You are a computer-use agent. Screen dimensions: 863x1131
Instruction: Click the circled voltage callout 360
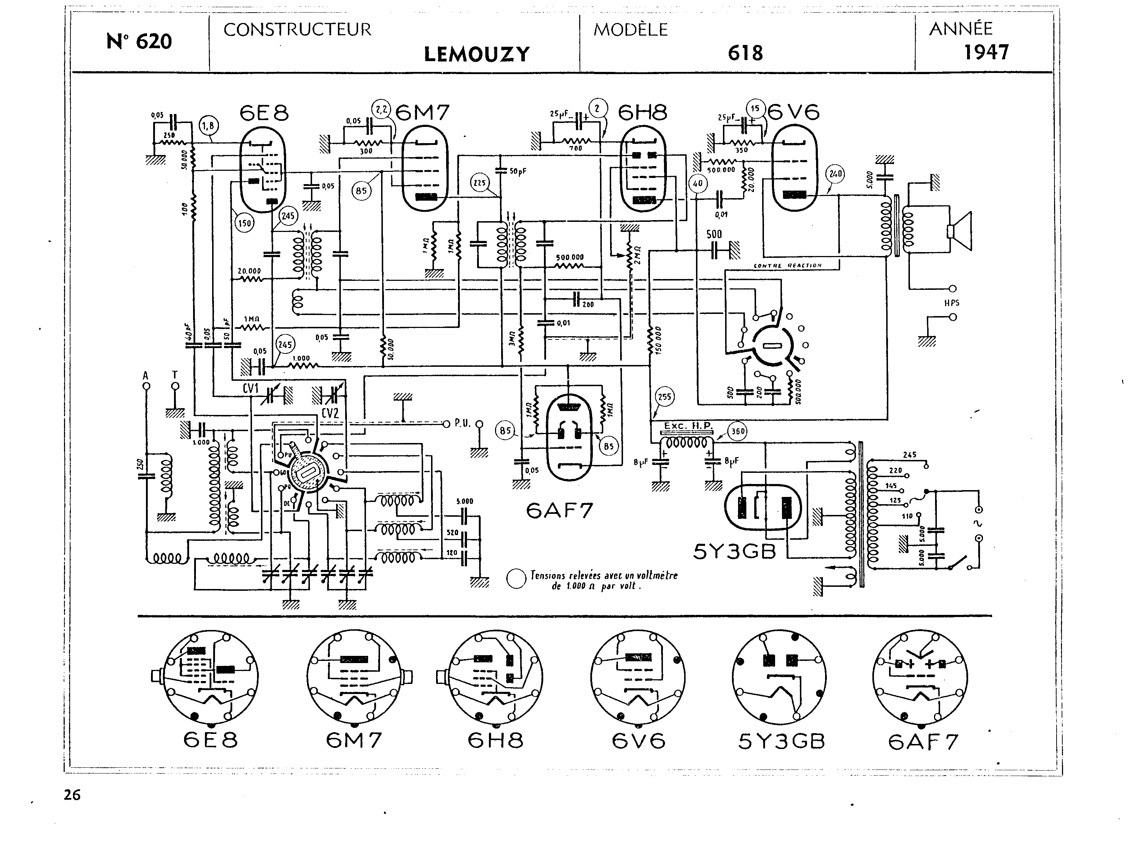738,431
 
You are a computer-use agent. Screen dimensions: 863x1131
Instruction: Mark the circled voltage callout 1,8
208,125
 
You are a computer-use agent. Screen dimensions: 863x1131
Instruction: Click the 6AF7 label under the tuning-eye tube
559,511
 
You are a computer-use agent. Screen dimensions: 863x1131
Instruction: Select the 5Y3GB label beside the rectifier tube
734,552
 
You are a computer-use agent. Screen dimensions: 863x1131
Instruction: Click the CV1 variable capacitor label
251,389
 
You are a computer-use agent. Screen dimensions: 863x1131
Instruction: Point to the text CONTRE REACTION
787,266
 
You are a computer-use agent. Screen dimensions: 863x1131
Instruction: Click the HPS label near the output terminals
952,303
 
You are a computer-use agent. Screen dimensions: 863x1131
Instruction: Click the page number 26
72,795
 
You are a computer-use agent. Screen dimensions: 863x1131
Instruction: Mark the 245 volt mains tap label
909,455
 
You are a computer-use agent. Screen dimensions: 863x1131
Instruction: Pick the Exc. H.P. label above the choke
688,426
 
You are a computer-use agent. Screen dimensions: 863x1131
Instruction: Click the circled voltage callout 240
835,174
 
